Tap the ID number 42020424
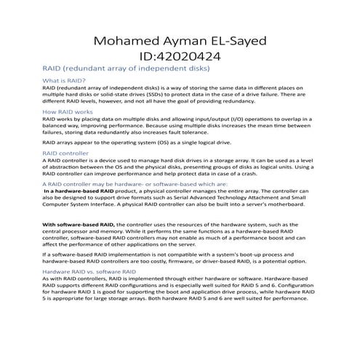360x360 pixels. coord(196,55)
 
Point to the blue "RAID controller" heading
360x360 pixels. coord(66,153)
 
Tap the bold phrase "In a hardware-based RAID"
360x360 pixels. coord(81,191)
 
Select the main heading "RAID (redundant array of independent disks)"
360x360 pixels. coord(127,68)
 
